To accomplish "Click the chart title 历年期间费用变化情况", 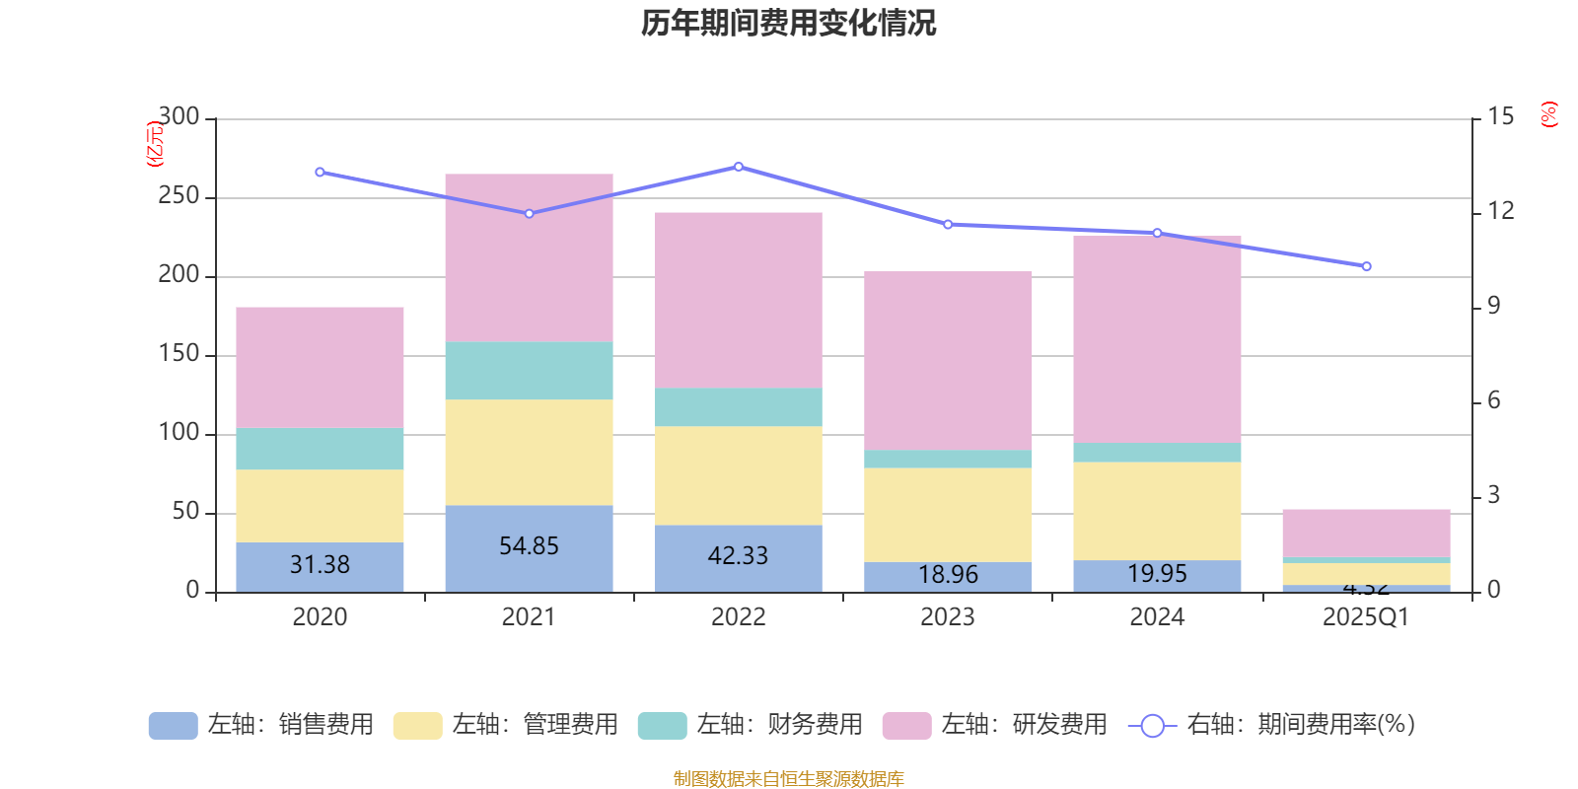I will (x=788, y=23).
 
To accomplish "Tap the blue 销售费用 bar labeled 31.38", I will (x=320, y=566).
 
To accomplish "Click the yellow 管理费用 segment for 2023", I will (x=948, y=515).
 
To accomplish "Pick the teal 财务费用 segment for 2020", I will (x=320, y=449).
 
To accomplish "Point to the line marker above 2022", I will (x=739, y=167).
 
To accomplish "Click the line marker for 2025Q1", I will (x=1366, y=266).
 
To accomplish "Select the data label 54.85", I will (x=529, y=545).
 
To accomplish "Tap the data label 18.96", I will (x=948, y=574).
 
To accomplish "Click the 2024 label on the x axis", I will (x=1157, y=617).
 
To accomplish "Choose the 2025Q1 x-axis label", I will (x=1365, y=617).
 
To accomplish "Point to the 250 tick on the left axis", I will (x=179, y=196).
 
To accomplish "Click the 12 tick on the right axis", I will (x=1501, y=210).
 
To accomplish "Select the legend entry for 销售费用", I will (x=262, y=725).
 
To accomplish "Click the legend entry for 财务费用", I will (x=752, y=725).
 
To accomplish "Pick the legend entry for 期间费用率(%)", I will (x=1272, y=725).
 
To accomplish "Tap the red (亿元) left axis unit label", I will (x=154, y=144).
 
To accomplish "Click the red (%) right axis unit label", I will (x=1549, y=114).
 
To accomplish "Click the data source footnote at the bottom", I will (x=788, y=779).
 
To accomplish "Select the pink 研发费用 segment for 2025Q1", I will (x=1366, y=533).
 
